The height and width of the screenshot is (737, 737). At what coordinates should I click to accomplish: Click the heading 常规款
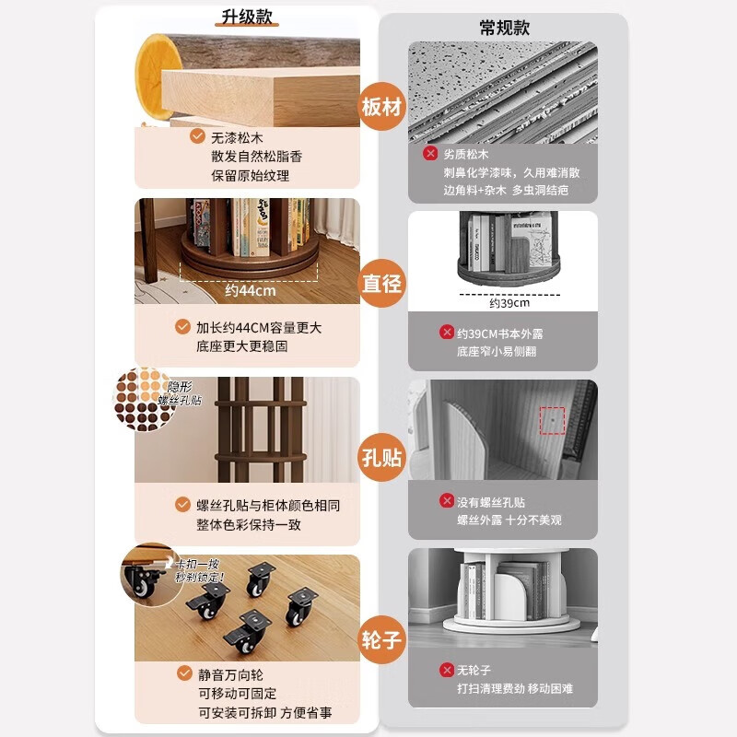504,29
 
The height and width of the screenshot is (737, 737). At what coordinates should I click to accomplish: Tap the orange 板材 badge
381,109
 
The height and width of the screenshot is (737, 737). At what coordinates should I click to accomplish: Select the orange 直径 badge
381,283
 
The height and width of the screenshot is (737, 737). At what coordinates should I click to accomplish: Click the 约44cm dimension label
252,291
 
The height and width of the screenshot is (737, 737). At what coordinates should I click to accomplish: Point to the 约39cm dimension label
509,303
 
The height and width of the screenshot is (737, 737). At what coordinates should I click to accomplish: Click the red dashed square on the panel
552,420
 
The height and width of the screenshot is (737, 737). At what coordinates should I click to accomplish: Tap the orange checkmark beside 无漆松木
197,136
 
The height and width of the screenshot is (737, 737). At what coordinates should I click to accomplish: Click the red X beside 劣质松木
430,154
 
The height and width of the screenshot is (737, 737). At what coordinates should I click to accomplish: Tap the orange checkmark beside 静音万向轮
182,674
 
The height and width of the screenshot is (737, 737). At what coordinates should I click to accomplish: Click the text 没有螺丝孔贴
491,502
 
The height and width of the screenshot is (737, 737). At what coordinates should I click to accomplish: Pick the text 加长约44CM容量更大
259,327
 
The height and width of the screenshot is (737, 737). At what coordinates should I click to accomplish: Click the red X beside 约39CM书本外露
445,333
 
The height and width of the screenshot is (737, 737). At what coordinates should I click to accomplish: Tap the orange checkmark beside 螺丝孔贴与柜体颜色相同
182,505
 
